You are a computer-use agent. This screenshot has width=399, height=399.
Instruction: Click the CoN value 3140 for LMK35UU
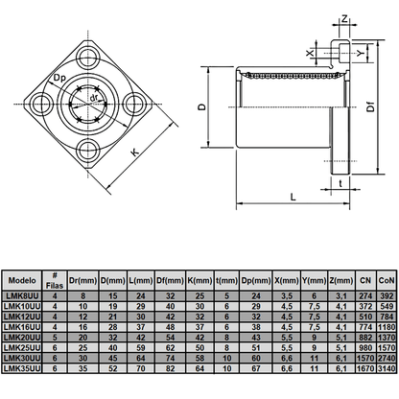(387, 366)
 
